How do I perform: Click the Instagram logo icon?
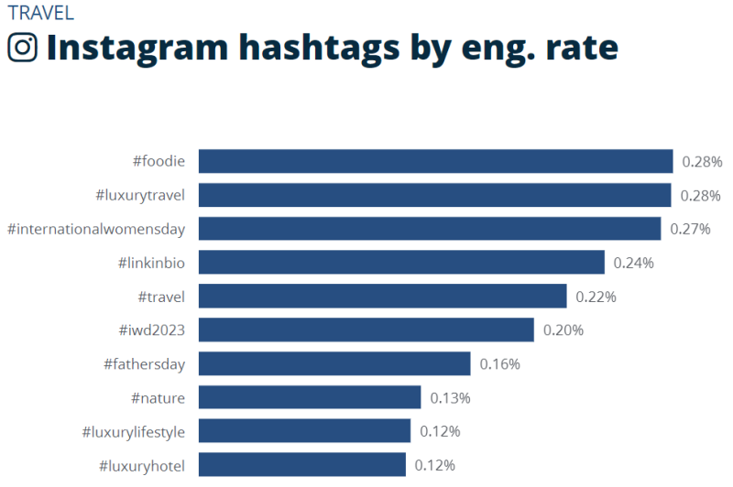22,47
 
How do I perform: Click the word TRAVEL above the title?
40,13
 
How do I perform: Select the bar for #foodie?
435,161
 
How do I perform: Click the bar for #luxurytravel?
434,195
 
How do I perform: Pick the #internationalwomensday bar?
430,229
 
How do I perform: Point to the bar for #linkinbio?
401,263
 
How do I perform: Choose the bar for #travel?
382,297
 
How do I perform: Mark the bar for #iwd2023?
366,330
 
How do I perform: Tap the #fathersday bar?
334,363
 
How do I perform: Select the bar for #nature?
310,397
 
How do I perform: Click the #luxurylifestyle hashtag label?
133,431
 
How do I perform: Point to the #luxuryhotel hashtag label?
141,465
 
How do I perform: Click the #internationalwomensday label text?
96,229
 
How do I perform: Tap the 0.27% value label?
690,229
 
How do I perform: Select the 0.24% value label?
633,263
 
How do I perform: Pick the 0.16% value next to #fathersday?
499,363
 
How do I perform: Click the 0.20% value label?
563,330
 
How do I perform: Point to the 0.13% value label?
450,397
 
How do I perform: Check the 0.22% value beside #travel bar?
596,297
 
